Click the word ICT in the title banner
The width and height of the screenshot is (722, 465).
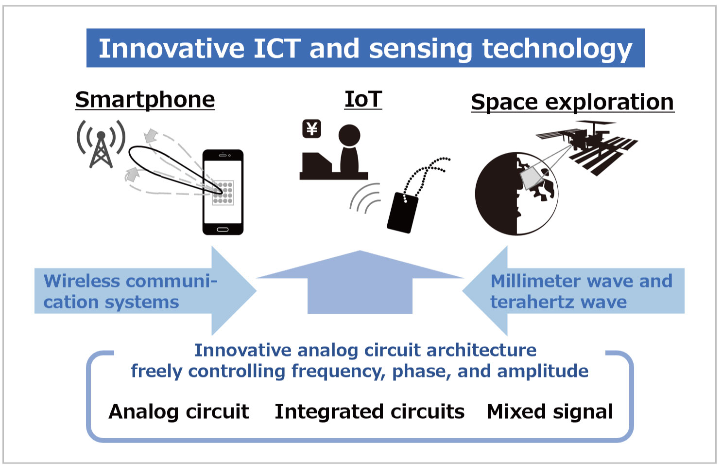(277, 49)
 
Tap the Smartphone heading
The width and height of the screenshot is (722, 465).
(145, 100)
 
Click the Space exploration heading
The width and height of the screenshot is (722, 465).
(572, 102)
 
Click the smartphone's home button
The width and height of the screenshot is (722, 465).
(223, 230)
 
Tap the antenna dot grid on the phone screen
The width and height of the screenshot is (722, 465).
(223, 193)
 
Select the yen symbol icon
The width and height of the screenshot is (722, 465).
(311, 129)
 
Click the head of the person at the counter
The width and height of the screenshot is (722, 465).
(349, 135)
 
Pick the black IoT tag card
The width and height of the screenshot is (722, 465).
(403, 213)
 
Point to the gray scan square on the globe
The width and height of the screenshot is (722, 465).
(531, 178)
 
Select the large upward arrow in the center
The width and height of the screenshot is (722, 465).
(360, 282)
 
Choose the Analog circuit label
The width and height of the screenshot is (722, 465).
(179, 412)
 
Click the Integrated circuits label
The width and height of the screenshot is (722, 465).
(369, 412)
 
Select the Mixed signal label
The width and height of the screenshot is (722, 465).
(550, 412)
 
